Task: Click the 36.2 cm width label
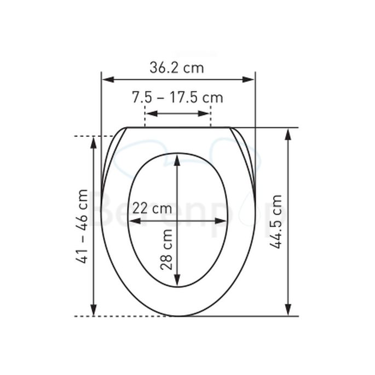coord(177,68)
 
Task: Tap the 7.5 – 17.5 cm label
coord(177,98)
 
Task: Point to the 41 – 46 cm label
coord(82,226)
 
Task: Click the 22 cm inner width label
coord(152,209)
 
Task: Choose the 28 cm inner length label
coord(167,249)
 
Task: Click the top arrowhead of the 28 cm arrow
coord(177,160)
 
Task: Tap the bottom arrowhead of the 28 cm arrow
coord(177,281)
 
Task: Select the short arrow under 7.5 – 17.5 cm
coord(177,114)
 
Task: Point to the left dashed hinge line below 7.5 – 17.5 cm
coord(145,117)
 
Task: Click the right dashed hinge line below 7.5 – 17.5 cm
coord(210,117)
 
